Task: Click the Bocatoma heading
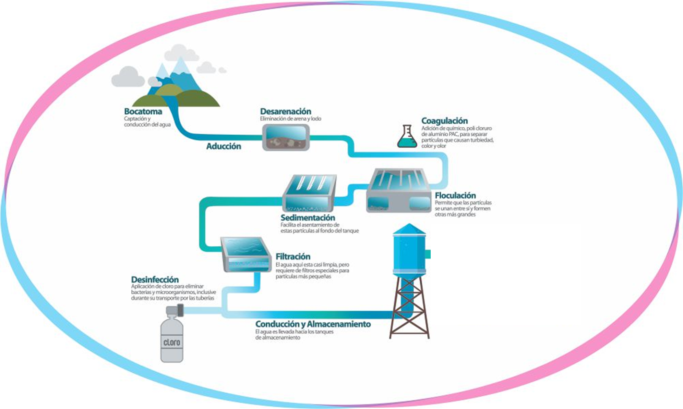pyautogui.click(x=143, y=111)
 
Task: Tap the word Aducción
pyautogui.click(x=223, y=146)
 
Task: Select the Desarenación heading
pyautogui.click(x=285, y=111)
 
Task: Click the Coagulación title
pyautogui.click(x=444, y=121)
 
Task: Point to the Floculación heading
pyautogui.click(x=455, y=195)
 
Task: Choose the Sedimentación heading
pyautogui.click(x=307, y=217)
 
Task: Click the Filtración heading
pyautogui.click(x=293, y=256)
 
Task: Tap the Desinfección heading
pyautogui.click(x=155, y=279)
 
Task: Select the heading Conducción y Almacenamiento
pyautogui.click(x=313, y=324)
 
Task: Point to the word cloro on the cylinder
pyautogui.click(x=172, y=342)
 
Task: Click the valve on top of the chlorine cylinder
pyautogui.click(x=175, y=310)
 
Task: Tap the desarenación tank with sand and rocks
pyautogui.click(x=286, y=138)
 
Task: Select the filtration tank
pyautogui.click(x=246, y=254)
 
